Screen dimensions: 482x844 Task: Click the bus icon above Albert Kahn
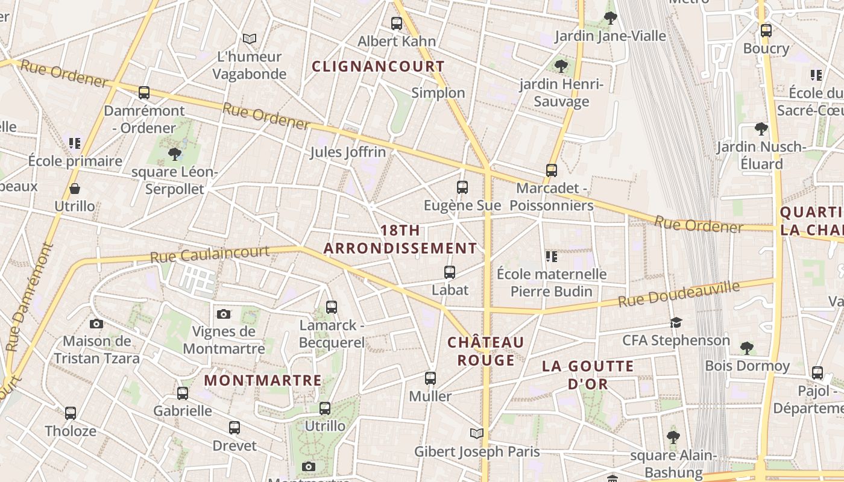point(396,23)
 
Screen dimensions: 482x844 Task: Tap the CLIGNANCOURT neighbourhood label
point(378,66)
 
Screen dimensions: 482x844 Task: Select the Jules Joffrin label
point(348,152)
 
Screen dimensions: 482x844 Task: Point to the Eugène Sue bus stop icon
point(462,187)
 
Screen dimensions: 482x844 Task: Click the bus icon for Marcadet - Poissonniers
point(551,171)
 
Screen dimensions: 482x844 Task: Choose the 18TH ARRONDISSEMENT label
point(400,239)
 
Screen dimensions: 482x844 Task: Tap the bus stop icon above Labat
point(450,272)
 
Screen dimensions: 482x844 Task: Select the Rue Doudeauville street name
point(679,294)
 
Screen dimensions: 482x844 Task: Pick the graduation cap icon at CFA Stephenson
point(676,323)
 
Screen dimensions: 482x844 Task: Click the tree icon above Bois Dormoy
point(747,348)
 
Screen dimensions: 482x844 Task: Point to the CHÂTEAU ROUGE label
point(486,351)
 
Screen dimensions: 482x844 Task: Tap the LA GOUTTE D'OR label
point(588,375)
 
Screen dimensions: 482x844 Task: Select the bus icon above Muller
point(430,378)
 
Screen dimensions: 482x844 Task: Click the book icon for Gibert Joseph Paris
point(477,433)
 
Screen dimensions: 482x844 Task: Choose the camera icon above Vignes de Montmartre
point(224,314)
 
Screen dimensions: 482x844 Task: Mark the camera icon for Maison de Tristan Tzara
point(96,324)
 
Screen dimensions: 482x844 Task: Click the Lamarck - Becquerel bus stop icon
point(332,307)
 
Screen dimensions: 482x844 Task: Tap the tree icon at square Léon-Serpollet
point(175,154)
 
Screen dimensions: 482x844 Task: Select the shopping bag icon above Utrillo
point(75,189)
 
